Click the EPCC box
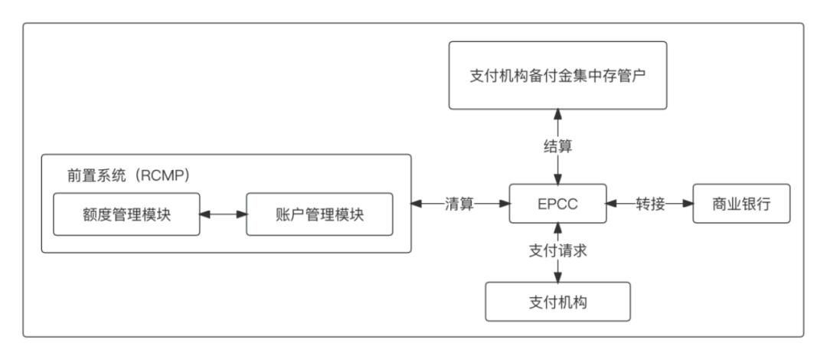click(x=557, y=204)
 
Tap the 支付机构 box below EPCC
click(x=557, y=301)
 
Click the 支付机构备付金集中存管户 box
click(x=557, y=74)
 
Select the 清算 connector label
click(x=462, y=204)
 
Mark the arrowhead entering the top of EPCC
click(x=557, y=179)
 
